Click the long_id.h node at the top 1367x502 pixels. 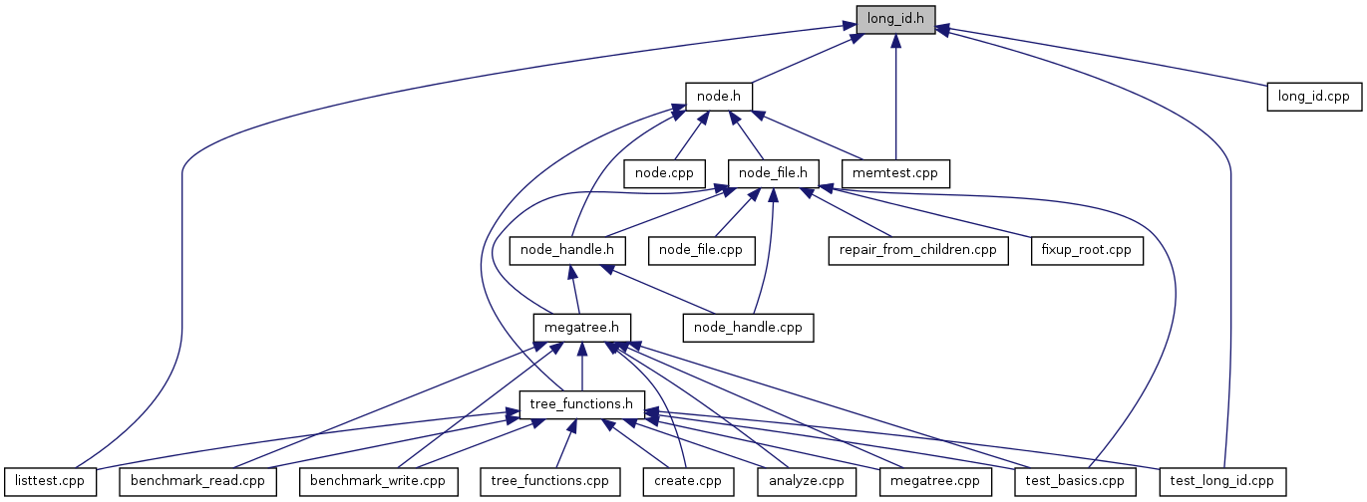tap(895, 20)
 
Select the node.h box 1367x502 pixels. tap(718, 96)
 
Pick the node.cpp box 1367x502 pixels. tap(665, 172)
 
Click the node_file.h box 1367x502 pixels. tap(774, 172)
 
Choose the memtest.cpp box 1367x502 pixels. tap(895, 172)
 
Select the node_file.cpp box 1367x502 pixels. tap(701, 249)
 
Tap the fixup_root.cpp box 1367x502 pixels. tap(1087, 249)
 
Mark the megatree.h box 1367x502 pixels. tap(582, 326)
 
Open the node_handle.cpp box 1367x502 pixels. tap(748, 326)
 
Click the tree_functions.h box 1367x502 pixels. tap(582, 403)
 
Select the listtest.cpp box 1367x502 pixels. tap(50, 480)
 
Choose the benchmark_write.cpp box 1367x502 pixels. tap(378, 480)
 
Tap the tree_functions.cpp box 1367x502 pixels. tap(549, 480)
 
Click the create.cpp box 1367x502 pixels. tap(687, 480)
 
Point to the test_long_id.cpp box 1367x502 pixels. tap(1222, 480)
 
